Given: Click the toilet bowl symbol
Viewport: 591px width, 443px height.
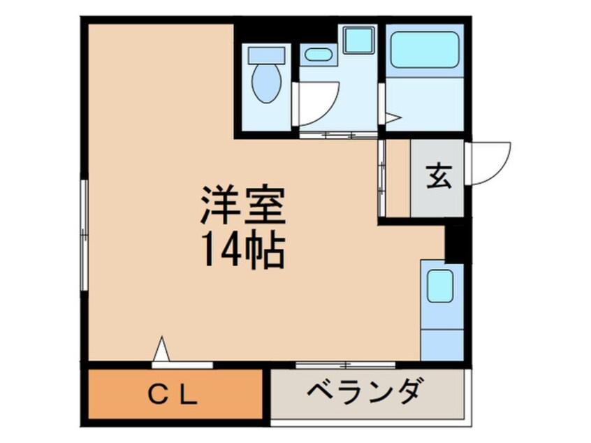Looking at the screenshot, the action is tap(266, 83).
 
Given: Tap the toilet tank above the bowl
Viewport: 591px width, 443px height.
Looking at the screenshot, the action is tap(266, 55).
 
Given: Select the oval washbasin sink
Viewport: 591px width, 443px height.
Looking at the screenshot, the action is tap(318, 55).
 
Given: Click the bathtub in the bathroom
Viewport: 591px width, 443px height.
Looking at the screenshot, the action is tap(425, 50).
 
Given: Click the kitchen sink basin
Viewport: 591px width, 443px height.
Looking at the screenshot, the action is tap(440, 286).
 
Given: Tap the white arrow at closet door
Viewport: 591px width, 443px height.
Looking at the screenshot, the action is tap(161, 349).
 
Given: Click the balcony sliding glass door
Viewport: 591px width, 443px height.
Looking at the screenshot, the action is tap(345, 365).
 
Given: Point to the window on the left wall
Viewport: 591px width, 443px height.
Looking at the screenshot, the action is tap(84, 235).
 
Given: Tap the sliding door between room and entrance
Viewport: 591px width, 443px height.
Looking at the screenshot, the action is tap(381, 178).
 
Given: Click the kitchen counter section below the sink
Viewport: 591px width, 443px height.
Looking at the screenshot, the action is tap(442, 344).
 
